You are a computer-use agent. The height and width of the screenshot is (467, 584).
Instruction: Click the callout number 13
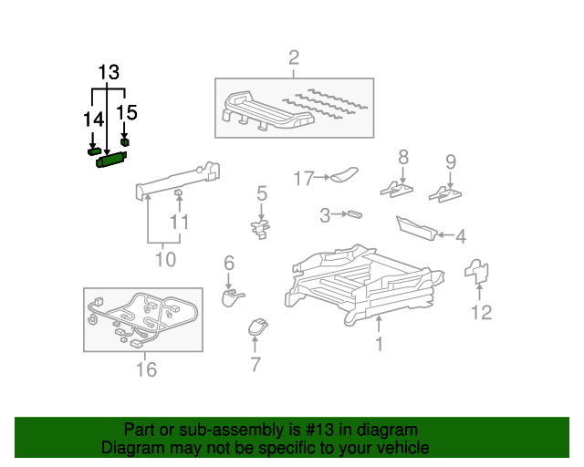(109, 72)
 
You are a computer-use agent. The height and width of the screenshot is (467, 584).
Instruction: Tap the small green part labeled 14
(94, 151)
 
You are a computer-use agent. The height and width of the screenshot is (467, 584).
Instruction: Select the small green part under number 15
(125, 142)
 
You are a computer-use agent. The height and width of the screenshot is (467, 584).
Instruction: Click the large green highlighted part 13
(111, 160)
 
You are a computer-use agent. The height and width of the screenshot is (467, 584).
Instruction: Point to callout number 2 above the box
(294, 57)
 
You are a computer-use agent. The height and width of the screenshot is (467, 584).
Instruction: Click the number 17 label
(304, 179)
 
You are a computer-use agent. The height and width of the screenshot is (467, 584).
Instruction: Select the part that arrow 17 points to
(344, 175)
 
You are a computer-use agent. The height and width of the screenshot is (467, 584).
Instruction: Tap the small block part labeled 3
(355, 214)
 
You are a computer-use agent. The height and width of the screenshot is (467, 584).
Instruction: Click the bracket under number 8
(397, 189)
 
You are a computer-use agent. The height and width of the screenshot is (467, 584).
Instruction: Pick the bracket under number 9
(445, 193)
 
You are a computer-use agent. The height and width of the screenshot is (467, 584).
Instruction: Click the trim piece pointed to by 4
(416, 228)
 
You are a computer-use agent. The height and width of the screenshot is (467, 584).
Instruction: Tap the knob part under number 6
(232, 297)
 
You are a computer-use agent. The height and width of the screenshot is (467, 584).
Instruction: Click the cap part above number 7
(257, 327)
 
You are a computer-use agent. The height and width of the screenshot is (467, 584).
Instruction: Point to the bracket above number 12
(476, 271)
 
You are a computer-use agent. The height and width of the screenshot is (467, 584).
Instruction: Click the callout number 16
(146, 369)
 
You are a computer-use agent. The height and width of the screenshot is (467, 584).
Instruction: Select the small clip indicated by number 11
(179, 192)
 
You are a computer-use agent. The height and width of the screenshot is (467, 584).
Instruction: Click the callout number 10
(165, 259)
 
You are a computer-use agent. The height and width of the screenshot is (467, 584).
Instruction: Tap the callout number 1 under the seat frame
(380, 344)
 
